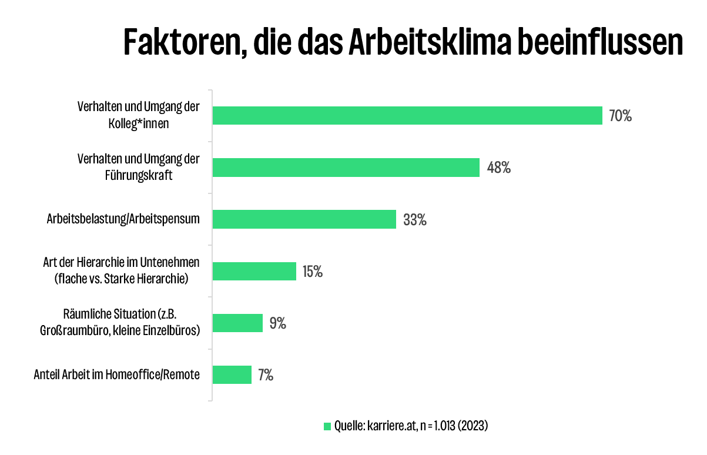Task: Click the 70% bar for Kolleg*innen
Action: (407, 116)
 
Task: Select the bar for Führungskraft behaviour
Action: (346, 168)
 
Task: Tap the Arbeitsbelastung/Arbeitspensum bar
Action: (304, 219)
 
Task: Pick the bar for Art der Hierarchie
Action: (254, 271)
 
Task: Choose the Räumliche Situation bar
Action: (237, 323)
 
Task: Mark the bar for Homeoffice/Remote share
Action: (232, 374)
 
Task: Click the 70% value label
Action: (620, 116)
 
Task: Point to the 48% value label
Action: (499, 168)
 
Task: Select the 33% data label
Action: (415, 220)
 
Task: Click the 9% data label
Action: (278, 323)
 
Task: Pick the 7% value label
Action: (265, 374)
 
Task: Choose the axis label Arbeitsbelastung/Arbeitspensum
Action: (123, 219)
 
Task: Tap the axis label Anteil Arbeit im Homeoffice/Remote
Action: (117, 374)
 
